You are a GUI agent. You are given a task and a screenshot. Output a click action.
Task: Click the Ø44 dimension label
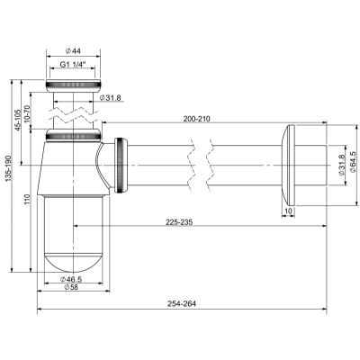click(73, 51)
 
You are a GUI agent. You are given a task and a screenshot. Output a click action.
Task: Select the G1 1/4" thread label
click(73, 64)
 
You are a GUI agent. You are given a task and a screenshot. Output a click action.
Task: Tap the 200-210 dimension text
click(197, 119)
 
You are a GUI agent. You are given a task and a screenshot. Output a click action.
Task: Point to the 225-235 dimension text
click(179, 221)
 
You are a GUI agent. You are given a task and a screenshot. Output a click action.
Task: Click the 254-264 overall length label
click(182, 304)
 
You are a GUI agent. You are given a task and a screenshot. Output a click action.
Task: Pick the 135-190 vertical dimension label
click(8, 169)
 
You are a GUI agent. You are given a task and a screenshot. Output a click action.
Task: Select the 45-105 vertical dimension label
click(18, 120)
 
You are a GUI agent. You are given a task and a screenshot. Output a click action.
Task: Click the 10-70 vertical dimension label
click(28, 112)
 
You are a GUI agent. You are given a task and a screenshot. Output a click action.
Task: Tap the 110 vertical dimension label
click(28, 200)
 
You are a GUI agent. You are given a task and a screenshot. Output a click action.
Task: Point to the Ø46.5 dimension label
click(71, 279)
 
